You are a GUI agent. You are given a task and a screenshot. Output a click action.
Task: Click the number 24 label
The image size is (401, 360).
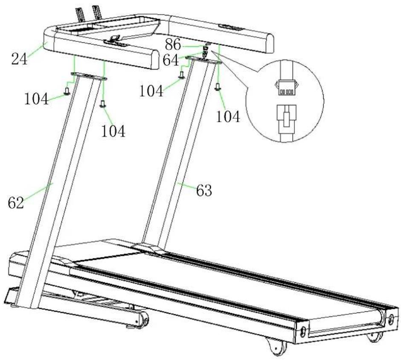19,59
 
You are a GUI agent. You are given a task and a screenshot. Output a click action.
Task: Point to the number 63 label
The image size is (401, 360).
204,190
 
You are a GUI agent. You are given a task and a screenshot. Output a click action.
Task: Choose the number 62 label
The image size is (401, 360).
16,203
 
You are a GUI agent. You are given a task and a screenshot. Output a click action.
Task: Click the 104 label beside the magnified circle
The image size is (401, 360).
228,117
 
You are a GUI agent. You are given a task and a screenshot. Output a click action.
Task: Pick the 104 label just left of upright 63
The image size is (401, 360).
151,91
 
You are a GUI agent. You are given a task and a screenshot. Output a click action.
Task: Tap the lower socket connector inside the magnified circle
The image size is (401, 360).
286,119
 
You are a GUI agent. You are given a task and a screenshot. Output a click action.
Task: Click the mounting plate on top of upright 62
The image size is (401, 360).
89,76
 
